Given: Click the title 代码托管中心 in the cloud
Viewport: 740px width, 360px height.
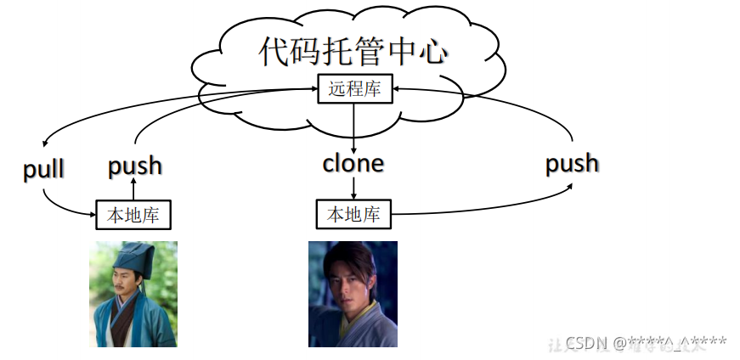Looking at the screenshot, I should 353,52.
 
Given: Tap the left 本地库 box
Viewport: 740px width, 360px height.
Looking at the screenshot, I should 133,215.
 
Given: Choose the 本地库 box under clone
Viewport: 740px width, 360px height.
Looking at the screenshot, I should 353,215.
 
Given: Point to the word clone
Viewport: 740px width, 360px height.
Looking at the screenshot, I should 353,163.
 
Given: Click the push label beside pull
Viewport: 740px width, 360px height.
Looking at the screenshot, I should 134,166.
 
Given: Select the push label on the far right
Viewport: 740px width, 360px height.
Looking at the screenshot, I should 572,162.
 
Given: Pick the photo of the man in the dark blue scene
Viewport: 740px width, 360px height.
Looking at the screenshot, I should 353,294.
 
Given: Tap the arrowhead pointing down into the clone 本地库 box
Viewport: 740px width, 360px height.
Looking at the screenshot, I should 353,196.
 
